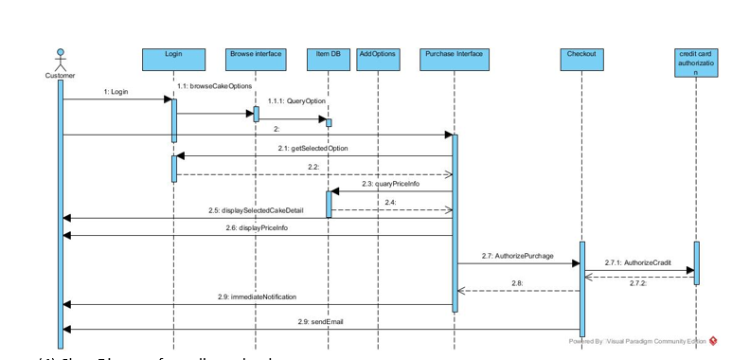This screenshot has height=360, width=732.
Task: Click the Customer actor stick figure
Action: pyautogui.click(x=61, y=58)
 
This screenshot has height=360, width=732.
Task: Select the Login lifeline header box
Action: pyautogui.click(x=173, y=59)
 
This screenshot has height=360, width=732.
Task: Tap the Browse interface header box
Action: pyautogui.click(x=256, y=59)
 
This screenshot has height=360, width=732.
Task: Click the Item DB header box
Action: pyautogui.click(x=329, y=59)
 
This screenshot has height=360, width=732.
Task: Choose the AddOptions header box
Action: pyautogui.click(x=377, y=59)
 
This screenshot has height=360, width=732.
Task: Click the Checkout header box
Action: pyautogui.click(x=581, y=59)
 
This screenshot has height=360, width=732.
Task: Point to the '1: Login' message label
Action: pyautogui.click(x=116, y=92)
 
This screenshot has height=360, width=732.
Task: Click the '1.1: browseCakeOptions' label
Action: pyautogui.click(x=214, y=85)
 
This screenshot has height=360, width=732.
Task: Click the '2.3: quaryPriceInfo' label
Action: pyautogui.click(x=390, y=184)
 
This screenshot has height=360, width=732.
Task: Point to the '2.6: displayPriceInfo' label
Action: pyautogui.click(x=257, y=227)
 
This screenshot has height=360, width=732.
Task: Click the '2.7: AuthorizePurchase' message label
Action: pyautogui.click(x=517, y=256)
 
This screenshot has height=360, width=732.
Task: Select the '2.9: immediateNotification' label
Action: pyautogui.click(x=257, y=297)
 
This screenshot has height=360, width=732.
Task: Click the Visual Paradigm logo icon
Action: pyautogui.click(x=713, y=341)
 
